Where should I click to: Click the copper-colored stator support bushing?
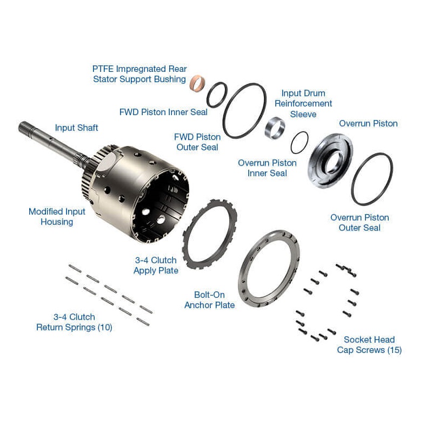197,83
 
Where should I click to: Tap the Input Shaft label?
77,128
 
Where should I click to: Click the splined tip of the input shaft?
24,128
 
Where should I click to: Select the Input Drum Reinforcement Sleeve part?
275,128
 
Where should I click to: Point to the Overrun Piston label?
368,123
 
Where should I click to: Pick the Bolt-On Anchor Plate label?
210,300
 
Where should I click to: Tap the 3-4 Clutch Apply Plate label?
156,265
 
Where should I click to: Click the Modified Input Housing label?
57,216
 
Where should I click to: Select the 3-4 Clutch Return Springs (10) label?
74,322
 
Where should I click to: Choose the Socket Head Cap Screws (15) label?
369,345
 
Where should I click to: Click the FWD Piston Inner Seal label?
163,112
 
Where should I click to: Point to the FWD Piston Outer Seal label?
197,142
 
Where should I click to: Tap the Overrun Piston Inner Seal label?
267,168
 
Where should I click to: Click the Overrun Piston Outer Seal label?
359,223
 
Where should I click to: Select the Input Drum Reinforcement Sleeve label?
303,104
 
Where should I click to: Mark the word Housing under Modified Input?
57,222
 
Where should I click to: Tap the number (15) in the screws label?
394,350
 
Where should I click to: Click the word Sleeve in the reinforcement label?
303,114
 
